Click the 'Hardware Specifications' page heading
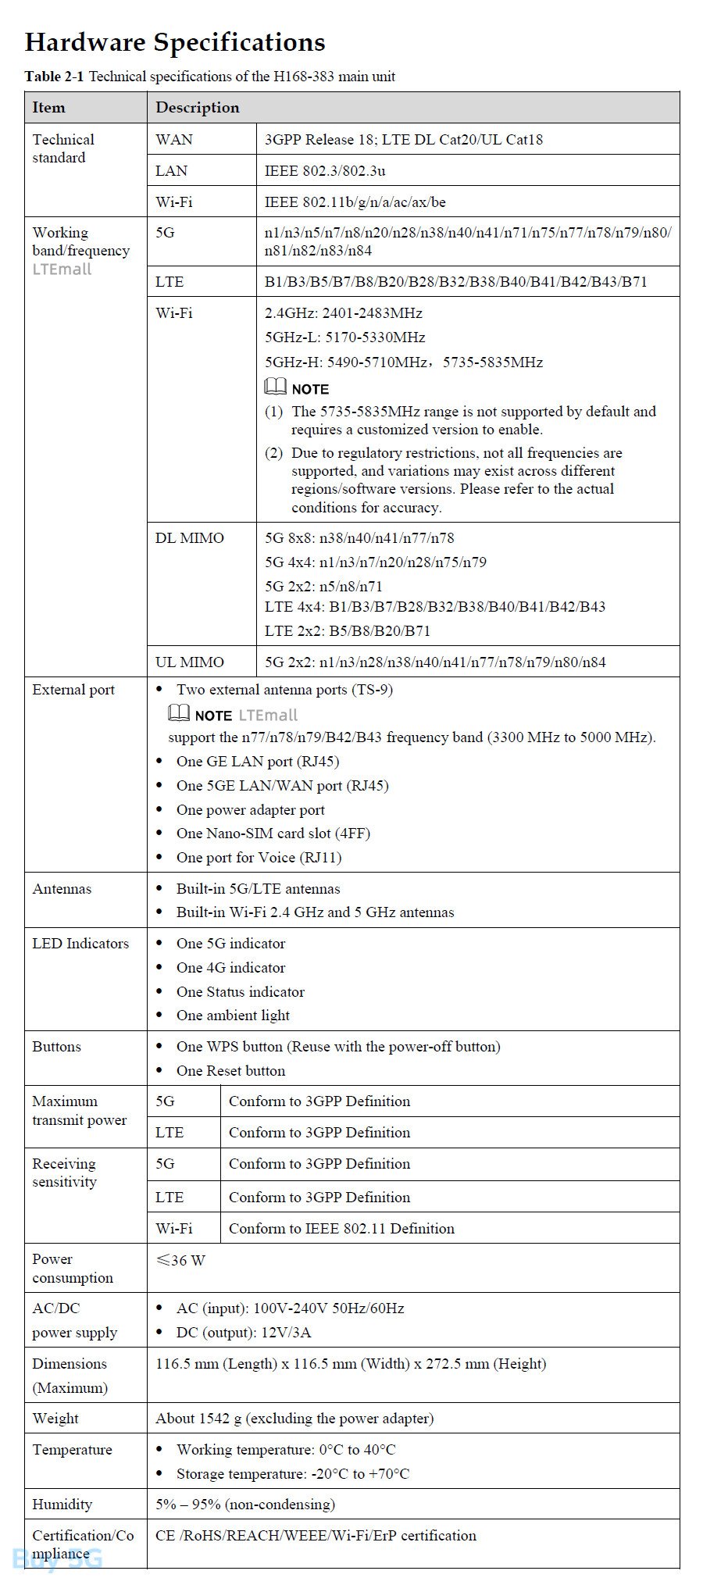coord(175,42)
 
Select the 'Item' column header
coord(48,108)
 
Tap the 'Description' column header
coord(198,108)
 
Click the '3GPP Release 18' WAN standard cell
coord(403,140)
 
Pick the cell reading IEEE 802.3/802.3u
coord(325,171)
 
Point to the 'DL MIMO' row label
coord(190,538)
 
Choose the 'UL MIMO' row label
coord(190,662)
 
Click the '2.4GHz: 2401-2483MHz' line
coord(344,313)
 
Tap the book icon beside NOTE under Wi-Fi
coord(276,387)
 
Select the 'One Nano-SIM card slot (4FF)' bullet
coord(273,834)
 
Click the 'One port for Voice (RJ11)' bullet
coord(259,858)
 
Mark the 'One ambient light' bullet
coord(233,1016)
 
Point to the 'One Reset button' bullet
coord(230,1071)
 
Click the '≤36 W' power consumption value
coord(180,1261)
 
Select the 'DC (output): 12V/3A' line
coord(244,1333)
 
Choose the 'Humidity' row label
coord(62,1505)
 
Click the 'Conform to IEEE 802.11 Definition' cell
coord(341,1229)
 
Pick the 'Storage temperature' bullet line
coord(292,1474)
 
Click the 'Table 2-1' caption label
coord(54,77)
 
